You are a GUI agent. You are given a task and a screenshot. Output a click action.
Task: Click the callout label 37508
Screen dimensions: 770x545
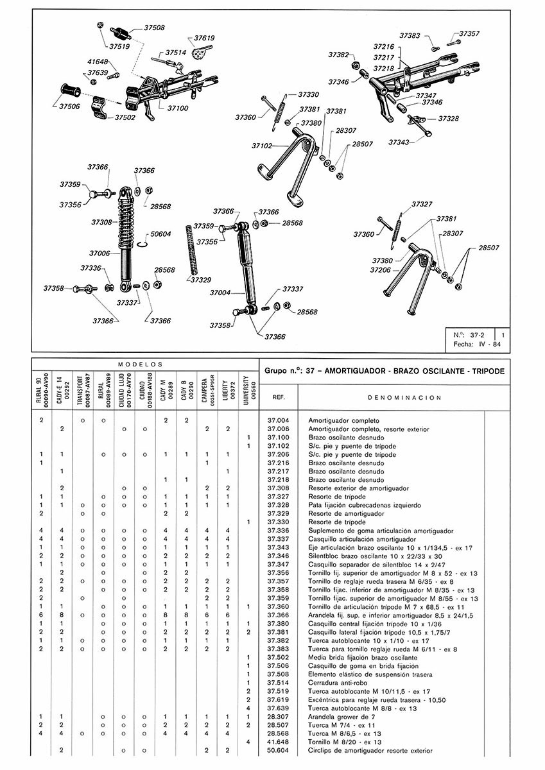coord(154,28)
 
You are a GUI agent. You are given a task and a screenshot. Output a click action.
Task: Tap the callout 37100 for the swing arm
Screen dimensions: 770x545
coord(178,108)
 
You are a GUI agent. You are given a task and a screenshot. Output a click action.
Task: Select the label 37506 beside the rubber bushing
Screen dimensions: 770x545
coord(69,107)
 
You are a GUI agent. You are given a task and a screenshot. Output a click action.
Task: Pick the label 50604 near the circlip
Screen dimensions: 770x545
coord(160,234)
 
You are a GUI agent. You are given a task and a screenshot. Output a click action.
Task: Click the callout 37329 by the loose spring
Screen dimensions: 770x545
coord(201,280)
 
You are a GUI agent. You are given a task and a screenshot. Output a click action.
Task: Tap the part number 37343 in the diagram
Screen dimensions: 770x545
coord(399,141)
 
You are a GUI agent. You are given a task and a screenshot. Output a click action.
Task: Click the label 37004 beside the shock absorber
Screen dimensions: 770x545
coord(220,293)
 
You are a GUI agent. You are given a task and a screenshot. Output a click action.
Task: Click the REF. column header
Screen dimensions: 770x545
coord(279,397)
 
